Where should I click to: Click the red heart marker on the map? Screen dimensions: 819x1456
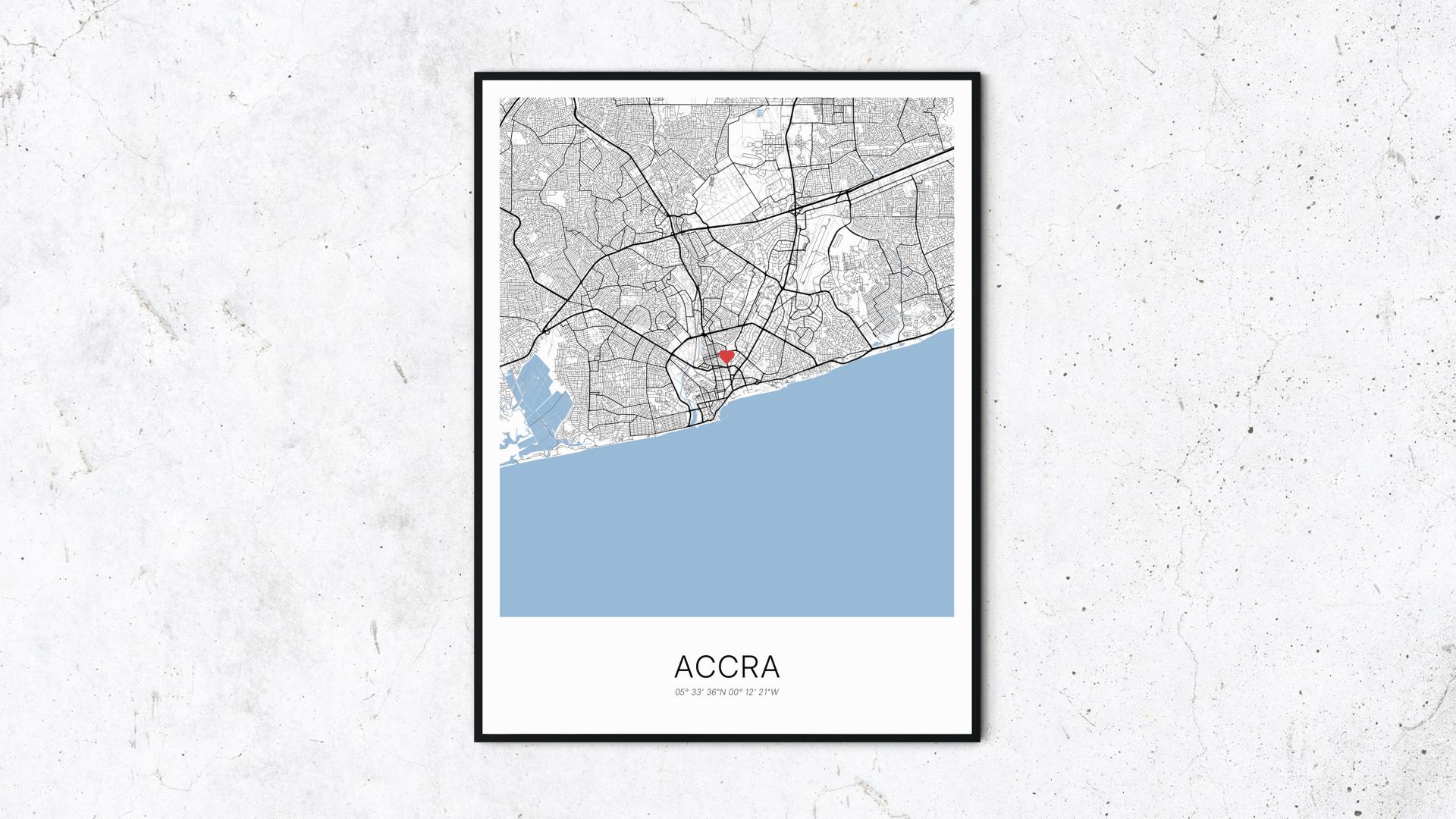tap(726, 356)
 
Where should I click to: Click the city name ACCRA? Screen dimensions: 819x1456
tap(726, 667)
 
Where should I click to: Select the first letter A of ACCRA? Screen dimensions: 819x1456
tap(683, 667)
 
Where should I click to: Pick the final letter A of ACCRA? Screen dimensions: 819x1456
tap(769, 667)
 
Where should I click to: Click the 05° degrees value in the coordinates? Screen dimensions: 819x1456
tap(681, 692)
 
